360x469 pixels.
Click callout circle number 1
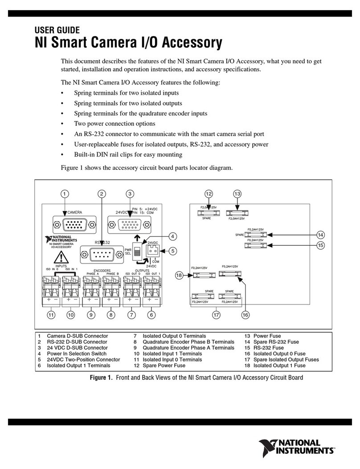[x=65, y=193]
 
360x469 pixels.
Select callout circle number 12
[x=209, y=193]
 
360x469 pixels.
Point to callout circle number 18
[x=179, y=276]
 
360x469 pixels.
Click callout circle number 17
[x=216, y=315]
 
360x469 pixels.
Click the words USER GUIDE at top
[x=57, y=30]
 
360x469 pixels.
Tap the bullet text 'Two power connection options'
[x=108, y=123]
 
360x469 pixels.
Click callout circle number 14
[x=320, y=234]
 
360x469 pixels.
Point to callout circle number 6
[x=151, y=315]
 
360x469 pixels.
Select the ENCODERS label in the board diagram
[x=99, y=270]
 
